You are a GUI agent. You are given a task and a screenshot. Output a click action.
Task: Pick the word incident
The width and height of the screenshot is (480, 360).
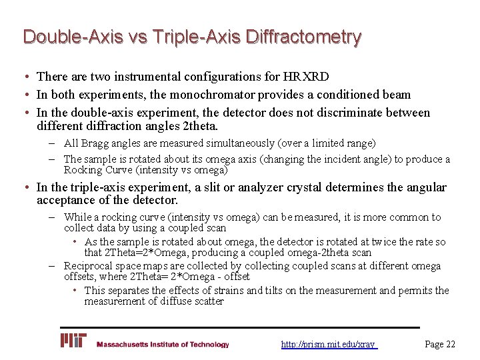point(329,159)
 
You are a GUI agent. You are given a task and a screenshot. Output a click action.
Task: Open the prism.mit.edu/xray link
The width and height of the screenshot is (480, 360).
point(329,345)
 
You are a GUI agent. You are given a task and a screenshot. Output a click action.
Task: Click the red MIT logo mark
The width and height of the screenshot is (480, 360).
point(73,341)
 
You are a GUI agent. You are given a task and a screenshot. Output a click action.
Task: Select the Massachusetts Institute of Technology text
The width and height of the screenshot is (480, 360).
point(163,345)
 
